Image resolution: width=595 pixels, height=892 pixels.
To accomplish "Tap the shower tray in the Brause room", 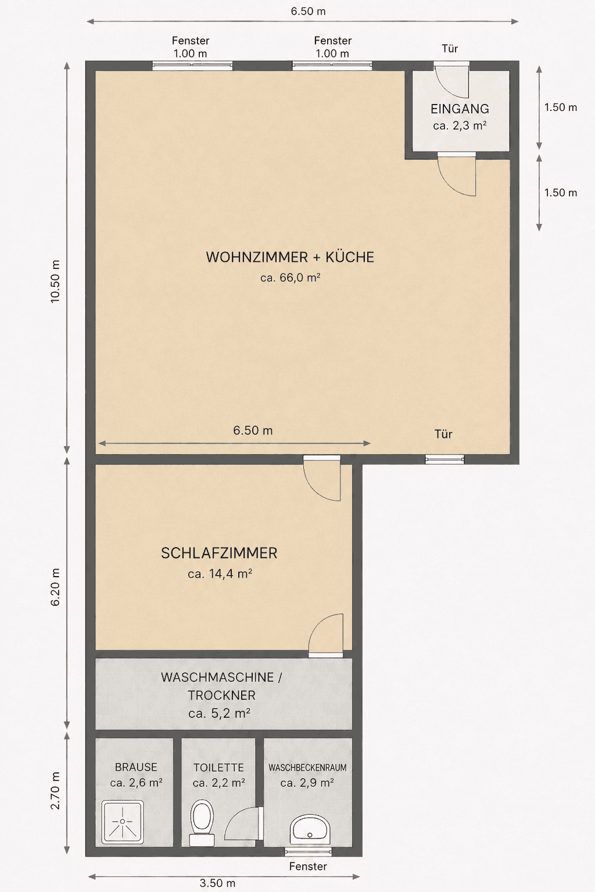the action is point(123,822).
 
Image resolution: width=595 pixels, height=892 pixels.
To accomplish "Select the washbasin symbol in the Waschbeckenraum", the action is point(310,829).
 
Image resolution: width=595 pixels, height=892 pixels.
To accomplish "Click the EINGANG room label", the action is point(460,109).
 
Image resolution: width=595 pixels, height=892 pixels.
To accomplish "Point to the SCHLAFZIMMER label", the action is point(219,553).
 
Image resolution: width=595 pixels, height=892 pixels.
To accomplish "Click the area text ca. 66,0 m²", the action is point(290,277).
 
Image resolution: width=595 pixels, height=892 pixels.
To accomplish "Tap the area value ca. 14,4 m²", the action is point(220,573).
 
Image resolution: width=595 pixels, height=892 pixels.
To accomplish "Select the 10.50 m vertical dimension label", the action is point(55,282).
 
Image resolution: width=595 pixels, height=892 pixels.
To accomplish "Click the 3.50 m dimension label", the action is point(217,883).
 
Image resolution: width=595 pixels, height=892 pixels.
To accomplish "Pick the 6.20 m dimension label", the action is point(55,587).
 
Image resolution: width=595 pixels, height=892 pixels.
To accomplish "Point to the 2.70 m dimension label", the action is point(55,790).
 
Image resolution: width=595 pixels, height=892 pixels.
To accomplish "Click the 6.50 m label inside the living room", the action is point(253,430).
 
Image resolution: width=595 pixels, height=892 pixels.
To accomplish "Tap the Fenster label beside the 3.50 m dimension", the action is point(308,866).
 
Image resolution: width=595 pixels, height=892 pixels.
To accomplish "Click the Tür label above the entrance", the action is point(450,49).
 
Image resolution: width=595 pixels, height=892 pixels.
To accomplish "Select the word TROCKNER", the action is point(221,695).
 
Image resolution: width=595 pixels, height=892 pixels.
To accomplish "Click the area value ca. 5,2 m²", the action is point(219,713).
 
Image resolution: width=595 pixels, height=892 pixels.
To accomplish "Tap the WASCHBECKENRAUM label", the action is point(307,767).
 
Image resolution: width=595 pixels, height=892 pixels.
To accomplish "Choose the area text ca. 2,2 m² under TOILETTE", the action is point(218,783).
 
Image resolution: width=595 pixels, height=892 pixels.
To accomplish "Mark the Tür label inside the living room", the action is point(443,434).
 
